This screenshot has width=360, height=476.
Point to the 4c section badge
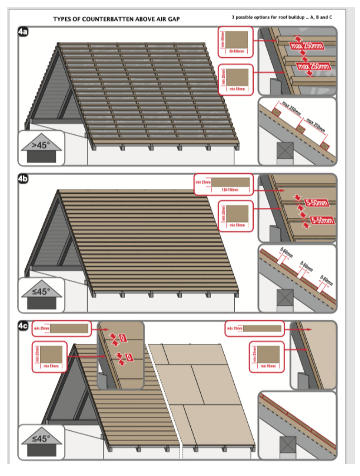click(x=23, y=326)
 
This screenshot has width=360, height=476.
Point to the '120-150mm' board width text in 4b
click(x=230, y=190)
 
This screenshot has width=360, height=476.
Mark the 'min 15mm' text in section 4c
click(x=233, y=328)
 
